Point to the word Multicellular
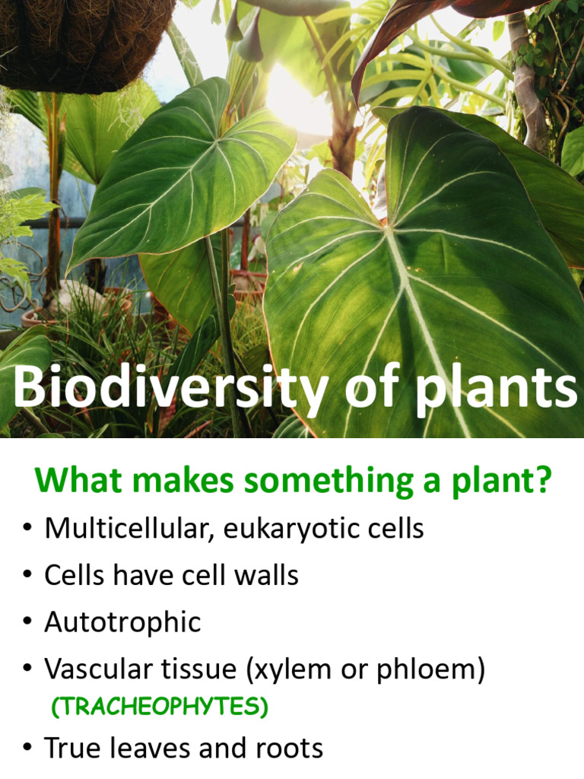point(129,528)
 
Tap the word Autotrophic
point(122,622)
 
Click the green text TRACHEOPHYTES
point(159,707)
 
